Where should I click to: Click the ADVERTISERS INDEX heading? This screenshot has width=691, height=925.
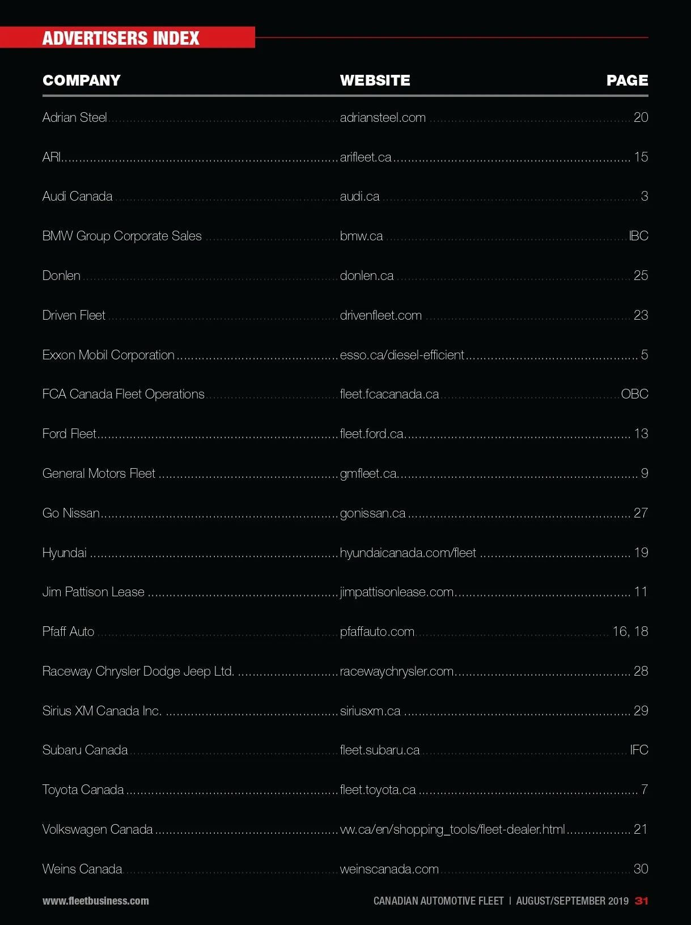click(x=121, y=38)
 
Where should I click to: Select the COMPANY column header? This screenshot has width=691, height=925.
click(x=82, y=80)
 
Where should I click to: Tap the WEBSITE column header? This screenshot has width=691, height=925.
click(x=375, y=80)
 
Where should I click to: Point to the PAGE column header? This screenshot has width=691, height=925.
click(x=627, y=80)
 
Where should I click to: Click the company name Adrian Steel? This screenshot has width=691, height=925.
click(x=75, y=117)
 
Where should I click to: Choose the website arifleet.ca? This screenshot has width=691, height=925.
click(x=366, y=157)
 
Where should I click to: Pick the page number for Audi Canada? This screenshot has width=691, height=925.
click(x=644, y=197)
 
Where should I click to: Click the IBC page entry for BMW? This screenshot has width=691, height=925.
click(x=638, y=236)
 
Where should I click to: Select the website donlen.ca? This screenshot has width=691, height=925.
click(x=367, y=275)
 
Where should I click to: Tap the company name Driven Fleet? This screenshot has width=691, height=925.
click(x=74, y=315)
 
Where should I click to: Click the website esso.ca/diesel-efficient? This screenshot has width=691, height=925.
click(x=402, y=355)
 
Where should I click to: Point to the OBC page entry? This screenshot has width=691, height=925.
click(x=634, y=394)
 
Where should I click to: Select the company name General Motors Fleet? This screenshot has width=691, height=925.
click(x=99, y=473)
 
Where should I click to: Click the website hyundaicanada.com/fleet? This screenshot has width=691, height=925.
click(x=408, y=553)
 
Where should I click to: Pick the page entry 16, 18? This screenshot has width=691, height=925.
click(x=630, y=631)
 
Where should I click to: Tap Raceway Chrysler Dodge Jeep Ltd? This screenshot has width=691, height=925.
click(x=138, y=671)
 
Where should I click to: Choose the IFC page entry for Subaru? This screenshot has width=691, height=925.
click(x=639, y=750)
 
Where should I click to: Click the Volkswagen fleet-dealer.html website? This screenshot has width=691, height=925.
click(x=452, y=829)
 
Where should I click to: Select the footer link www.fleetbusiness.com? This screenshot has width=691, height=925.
click(x=96, y=901)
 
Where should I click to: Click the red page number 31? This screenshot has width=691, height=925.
click(x=641, y=901)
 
